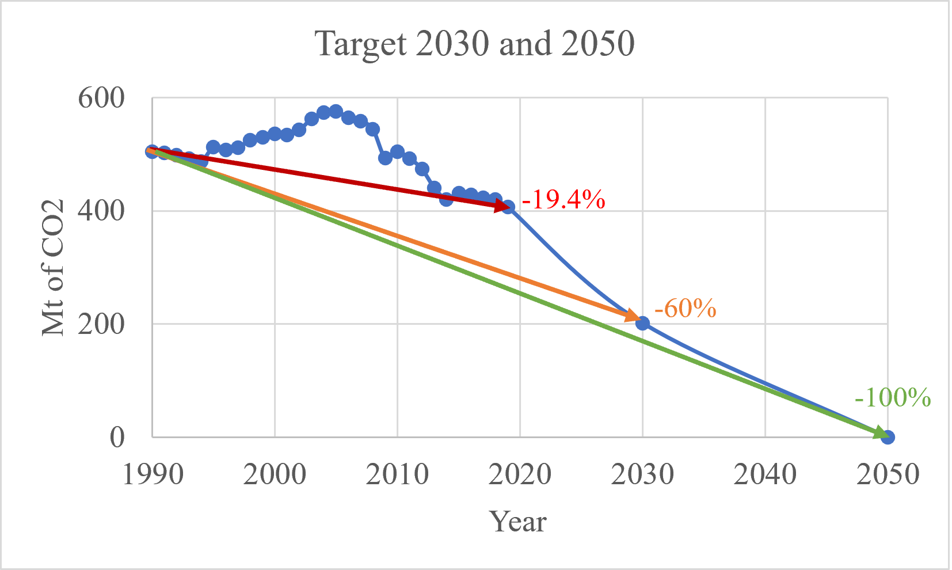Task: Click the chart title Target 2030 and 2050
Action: click(475, 43)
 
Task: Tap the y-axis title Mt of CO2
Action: click(53, 267)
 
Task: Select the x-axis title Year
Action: click(517, 522)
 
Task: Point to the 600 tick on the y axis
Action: click(101, 98)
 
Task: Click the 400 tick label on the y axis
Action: click(101, 211)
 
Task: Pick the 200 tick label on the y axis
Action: click(101, 324)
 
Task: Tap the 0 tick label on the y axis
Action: click(117, 437)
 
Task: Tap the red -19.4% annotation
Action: click(563, 199)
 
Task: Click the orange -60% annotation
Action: click(685, 309)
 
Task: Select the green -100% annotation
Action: click(893, 397)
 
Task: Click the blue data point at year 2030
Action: click(643, 324)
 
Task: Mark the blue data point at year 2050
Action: click(888, 437)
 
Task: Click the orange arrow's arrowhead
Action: click(633, 316)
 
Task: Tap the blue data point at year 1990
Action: click(152, 151)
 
